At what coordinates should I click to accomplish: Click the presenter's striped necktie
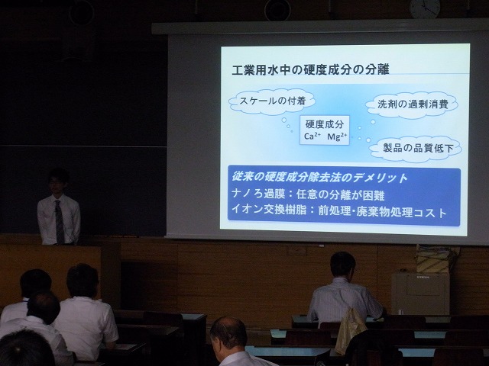60,222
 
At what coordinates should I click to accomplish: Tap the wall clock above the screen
425,8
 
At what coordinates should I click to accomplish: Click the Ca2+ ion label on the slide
313,136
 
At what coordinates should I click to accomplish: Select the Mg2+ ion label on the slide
337,136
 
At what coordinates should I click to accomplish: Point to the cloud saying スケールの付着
272,101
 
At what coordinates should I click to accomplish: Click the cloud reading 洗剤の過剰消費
413,104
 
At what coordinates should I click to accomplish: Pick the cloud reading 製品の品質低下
416,149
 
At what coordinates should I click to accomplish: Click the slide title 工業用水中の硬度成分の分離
310,69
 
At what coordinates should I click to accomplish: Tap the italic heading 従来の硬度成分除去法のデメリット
320,178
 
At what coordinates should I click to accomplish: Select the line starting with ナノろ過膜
308,194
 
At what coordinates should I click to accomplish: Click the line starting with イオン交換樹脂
339,212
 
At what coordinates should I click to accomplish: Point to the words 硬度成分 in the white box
324,124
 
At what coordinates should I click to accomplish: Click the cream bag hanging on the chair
350,329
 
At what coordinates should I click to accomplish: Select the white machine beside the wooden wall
420,294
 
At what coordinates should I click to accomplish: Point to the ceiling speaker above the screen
277,10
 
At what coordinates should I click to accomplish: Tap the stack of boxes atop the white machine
436,258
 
